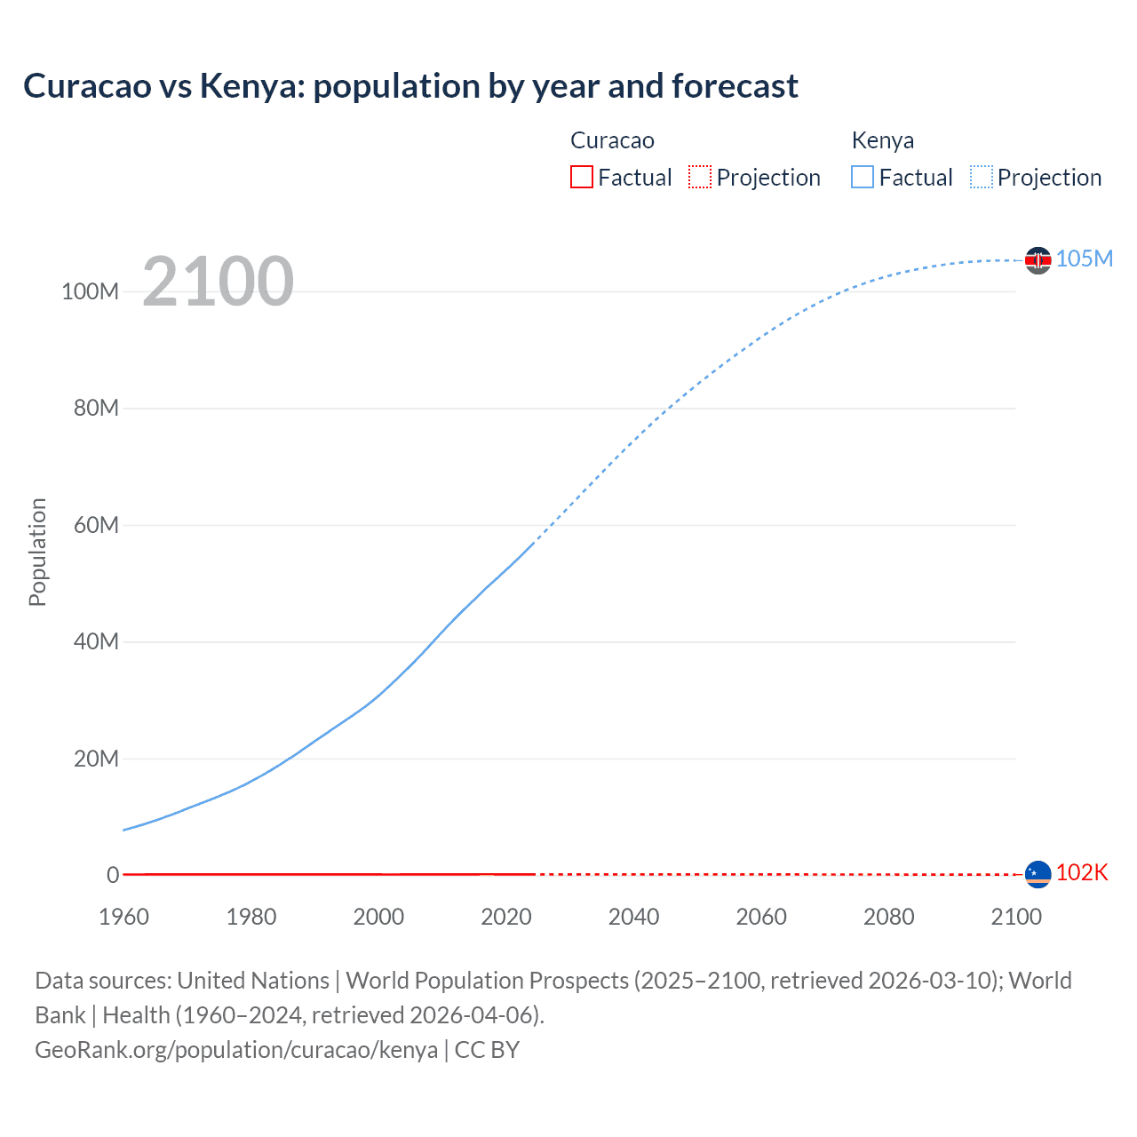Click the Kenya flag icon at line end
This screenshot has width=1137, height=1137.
[x=1038, y=260]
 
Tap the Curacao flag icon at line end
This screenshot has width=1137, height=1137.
[x=1038, y=874]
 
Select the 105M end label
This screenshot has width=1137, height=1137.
[x=1084, y=258]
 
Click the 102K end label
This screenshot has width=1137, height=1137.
[x=1082, y=872]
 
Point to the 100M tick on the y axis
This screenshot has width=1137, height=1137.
[x=90, y=291]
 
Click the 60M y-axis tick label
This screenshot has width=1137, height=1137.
[x=96, y=525]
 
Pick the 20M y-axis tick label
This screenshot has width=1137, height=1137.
[x=96, y=759]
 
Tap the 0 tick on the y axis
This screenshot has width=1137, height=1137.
[x=113, y=875]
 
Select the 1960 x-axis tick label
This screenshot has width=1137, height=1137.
[x=123, y=917]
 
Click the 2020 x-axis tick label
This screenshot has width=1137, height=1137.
[x=506, y=917]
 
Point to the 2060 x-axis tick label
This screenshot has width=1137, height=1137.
[x=761, y=917]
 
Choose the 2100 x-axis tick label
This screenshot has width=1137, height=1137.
[x=1016, y=917]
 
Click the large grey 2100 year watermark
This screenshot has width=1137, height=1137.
[x=218, y=282]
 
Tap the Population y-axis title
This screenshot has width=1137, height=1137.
[x=37, y=552]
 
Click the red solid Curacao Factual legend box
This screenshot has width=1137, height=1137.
[x=582, y=177]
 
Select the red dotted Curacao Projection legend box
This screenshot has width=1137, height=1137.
[x=700, y=177]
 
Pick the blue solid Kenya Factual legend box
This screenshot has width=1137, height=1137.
[x=863, y=177]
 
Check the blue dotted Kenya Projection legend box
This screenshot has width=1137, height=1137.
[x=982, y=177]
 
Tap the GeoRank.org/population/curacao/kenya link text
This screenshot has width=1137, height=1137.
[x=236, y=1050]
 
